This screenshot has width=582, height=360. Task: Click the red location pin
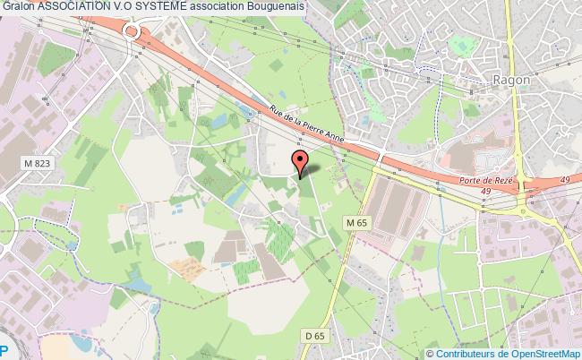click(x=300, y=162)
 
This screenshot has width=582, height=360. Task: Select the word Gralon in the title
click(x=18, y=6)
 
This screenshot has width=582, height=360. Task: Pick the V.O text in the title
click(x=141, y=6)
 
